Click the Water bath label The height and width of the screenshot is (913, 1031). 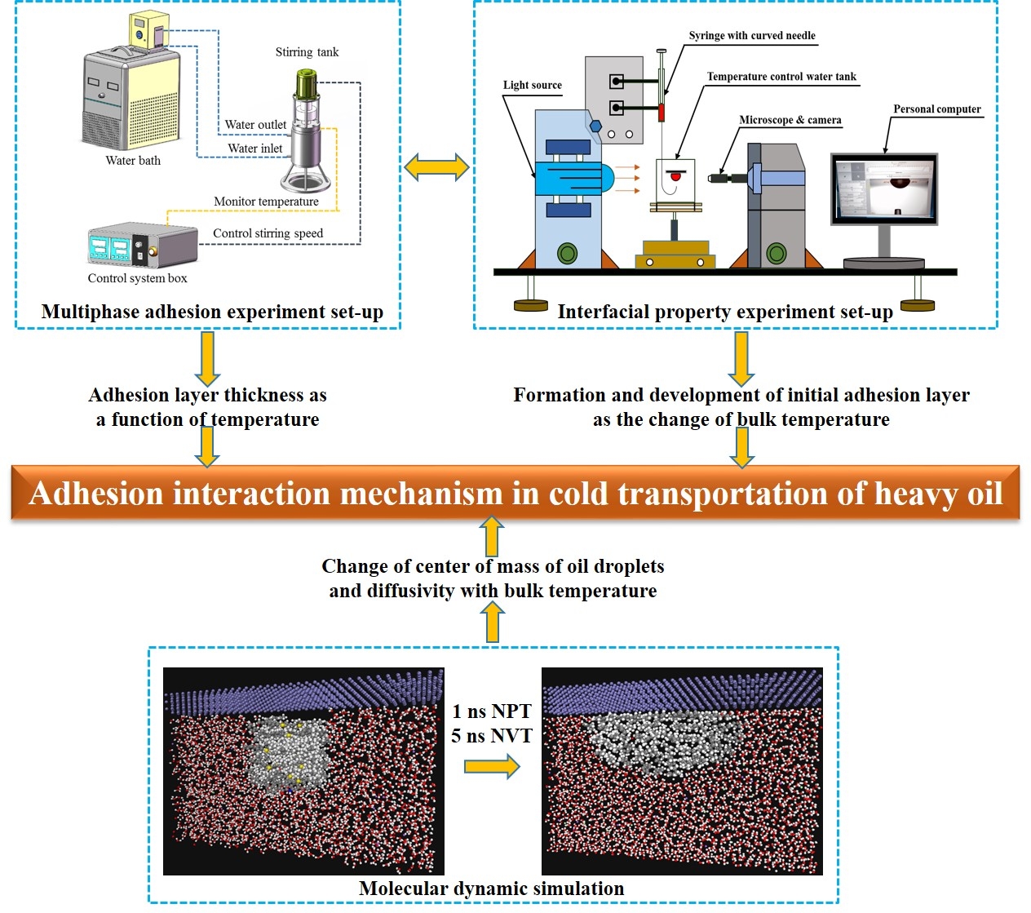point(133,161)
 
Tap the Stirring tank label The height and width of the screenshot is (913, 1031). point(307,52)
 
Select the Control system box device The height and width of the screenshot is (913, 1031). point(143,246)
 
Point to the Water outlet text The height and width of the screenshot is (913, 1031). point(255,125)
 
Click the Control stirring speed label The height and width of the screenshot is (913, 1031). point(268,233)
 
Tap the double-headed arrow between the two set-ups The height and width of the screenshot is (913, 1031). point(437,167)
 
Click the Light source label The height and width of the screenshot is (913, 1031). point(532,85)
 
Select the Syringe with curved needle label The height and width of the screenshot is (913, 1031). point(751,36)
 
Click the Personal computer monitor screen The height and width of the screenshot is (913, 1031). point(884,188)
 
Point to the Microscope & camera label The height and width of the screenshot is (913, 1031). point(790,120)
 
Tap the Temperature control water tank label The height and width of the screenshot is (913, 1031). point(781,77)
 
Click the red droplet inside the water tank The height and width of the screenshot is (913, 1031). point(675,175)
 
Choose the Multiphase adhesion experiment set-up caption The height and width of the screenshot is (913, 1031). point(212,312)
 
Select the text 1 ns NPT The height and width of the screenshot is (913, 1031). point(492,711)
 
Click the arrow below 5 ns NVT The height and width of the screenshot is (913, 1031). point(492,766)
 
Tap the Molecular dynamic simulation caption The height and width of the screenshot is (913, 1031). point(492,889)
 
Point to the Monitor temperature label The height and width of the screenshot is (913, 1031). point(266,202)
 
